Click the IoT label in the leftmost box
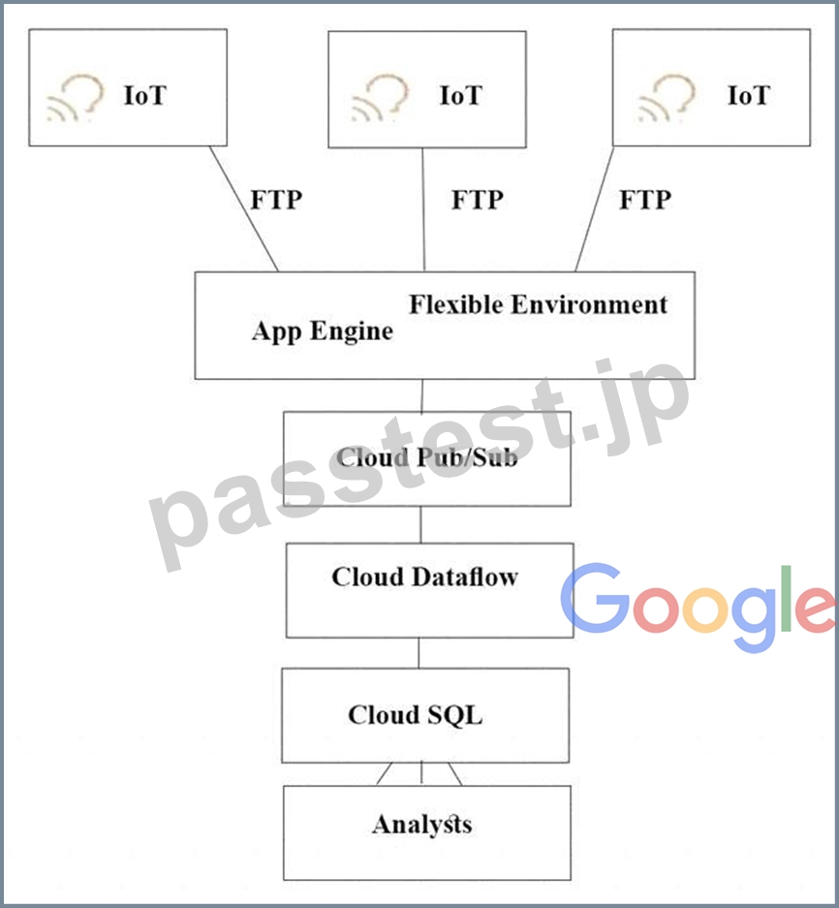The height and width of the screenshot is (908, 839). coord(145,96)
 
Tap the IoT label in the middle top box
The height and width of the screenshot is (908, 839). coord(461,96)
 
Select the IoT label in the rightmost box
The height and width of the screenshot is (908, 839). coord(749,96)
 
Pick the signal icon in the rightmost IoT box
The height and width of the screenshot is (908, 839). coord(667,98)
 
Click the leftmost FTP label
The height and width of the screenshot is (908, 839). coord(276,200)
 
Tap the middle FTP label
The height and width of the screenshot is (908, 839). coord(478,200)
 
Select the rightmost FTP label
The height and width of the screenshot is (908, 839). coord(645,200)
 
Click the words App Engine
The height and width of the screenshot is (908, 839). coord(323,331)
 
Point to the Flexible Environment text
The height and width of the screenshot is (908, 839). coord(539,304)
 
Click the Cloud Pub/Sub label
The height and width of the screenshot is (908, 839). coord(426,457)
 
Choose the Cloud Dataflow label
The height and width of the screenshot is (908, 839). coord(425,577)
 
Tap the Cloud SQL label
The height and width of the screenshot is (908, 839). coord(416,714)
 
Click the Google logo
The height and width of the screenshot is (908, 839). coord(699,607)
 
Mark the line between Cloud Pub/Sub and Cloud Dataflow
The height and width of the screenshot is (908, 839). coord(420,524)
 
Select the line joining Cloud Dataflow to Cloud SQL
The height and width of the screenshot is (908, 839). coord(419,653)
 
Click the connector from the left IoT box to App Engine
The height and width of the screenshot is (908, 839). coord(244,208)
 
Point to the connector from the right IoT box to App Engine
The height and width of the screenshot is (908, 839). coord(595,209)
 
